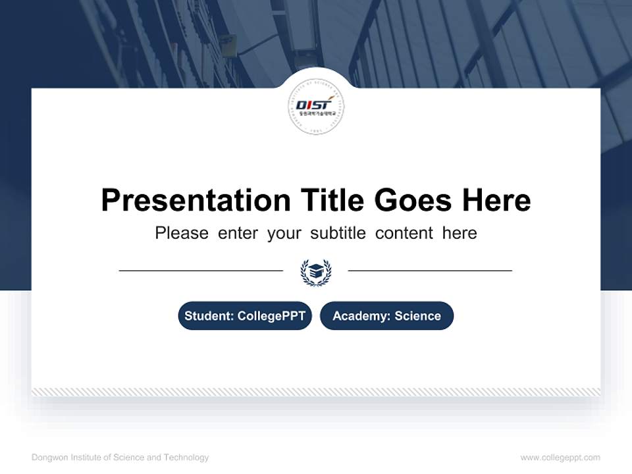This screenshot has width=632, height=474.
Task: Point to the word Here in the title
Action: pyautogui.click(x=496, y=200)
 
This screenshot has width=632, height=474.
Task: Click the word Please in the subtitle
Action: pyautogui.click(x=182, y=233)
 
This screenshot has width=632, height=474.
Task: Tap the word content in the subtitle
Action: pyautogui.click(x=404, y=233)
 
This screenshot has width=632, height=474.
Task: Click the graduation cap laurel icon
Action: pyautogui.click(x=316, y=271)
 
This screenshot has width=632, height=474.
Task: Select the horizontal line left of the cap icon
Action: pyautogui.click(x=201, y=271)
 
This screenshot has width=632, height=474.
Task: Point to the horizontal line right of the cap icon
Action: pyautogui.click(x=430, y=271)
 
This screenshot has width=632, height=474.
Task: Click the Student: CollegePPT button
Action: pyautogui.click(x=245, y=316)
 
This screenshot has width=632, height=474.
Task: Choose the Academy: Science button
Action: pyautogui.click(x=386, y=316)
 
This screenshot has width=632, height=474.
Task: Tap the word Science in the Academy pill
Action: pyautogui.click(x=417, y=316)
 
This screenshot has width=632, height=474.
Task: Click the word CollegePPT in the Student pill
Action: pyautogui.click(x=271, y=316)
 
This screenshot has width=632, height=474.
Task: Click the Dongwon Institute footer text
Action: pyautogui.click(x=120, y=458)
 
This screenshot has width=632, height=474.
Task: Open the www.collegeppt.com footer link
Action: pyautogui.click(x=560, y=458)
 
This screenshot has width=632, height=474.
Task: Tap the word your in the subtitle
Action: pyautogui.click(x=284, y=233)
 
